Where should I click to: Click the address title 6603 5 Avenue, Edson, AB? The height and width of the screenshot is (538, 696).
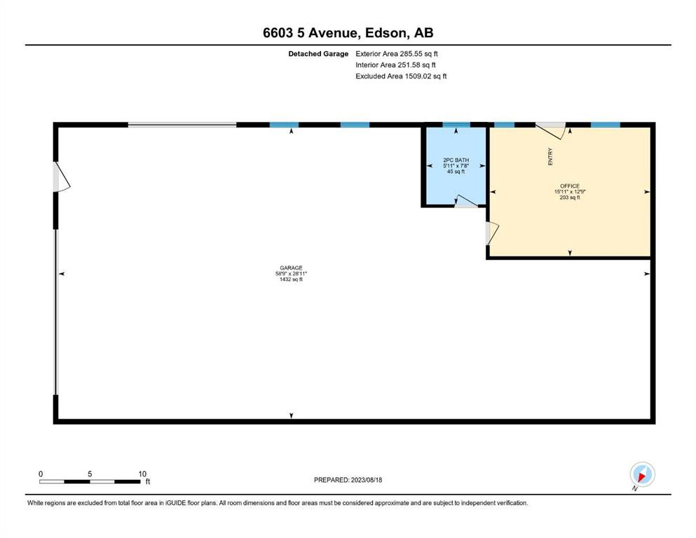[x=348, y=33]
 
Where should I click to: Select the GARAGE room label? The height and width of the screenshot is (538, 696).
[x=291, y=268]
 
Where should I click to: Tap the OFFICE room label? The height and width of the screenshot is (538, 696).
[x=570, y=186]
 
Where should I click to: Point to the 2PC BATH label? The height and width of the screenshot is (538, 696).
[x=456, y=160]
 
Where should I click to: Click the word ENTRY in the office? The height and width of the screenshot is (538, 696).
[x=550, y=156]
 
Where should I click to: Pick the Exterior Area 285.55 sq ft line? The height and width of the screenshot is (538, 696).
[x=397, y=54]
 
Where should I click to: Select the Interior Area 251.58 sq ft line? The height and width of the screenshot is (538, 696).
[x=395, y=64]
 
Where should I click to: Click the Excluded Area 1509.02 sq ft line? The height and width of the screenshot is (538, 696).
[x=401, y=76]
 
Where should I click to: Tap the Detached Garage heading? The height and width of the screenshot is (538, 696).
[x=318, y=54]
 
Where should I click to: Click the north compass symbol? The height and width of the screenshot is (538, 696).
[x=642, y=475]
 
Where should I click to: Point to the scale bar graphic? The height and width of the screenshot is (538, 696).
[x=90, y=482]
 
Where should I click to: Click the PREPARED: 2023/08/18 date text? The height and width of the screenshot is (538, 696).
[x=348, y=480]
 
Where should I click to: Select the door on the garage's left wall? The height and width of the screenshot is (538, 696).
[x=61, y=177]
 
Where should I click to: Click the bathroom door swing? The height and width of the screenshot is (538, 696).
[x=465, y=201]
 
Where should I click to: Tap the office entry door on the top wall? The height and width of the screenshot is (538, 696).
[x=551, y=130]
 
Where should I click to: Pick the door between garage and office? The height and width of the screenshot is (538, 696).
[x=493, y=233]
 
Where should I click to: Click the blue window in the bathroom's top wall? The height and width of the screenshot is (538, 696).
[x=456, y=125]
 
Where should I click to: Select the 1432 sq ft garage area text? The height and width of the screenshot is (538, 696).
[x=291, y=280]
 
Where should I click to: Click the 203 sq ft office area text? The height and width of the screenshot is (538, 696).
[x=570, y=198]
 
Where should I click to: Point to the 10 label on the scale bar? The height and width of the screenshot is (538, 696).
[x=142, y=474]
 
